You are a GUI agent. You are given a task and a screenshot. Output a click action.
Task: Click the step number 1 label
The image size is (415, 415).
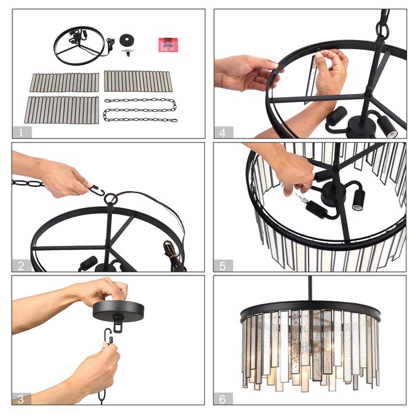[21, 132]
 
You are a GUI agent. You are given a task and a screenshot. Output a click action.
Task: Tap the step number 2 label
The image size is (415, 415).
[21, 266]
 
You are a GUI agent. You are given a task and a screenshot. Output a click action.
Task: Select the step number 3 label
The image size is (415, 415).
[21, 399]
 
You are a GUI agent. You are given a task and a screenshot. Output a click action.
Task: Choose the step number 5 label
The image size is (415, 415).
[223, 266]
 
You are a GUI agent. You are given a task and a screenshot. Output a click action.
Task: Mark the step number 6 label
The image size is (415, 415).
[223, 399]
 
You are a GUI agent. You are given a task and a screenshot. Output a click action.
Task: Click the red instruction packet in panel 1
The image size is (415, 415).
[168, 45]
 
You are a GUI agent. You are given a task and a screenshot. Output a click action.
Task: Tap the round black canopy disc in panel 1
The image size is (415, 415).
[127, 40]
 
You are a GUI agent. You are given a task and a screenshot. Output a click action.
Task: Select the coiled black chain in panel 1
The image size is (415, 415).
[141, 110]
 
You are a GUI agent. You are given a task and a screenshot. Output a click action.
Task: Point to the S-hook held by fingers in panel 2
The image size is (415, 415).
[97, 191]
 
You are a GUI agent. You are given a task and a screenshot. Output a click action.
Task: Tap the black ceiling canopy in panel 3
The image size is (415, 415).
[119, 311]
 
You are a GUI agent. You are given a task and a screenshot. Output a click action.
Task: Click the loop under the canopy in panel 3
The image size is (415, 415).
[118, 326]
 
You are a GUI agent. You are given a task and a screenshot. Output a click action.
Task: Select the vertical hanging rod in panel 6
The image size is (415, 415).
[310, 288]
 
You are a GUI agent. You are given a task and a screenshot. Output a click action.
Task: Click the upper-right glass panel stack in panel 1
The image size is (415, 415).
[138, 81]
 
